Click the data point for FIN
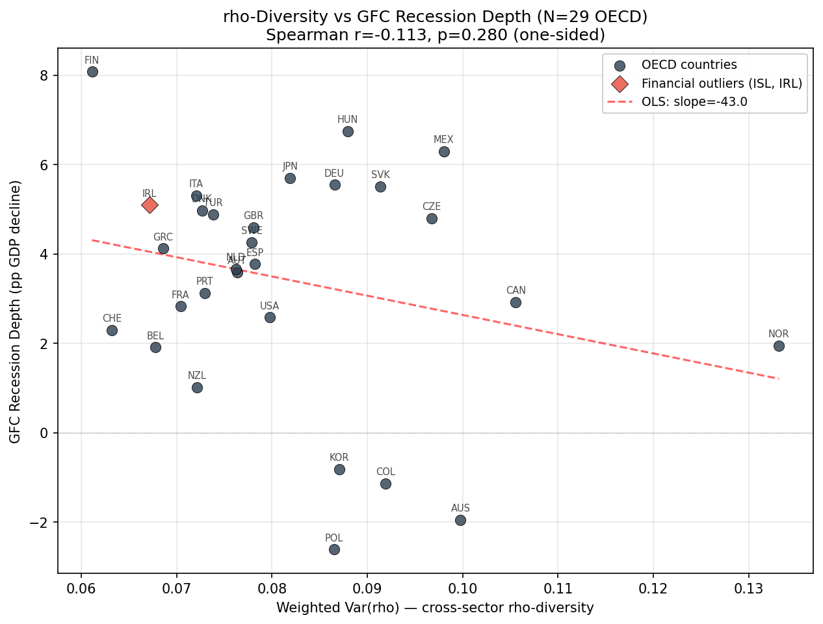coord(92,71)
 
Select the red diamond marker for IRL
coord(150,205)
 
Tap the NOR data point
coord(779,346)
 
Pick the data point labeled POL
coord(334,549)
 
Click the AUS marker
coord(460,520)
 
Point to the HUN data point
coord(348,131)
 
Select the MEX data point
coord(444,151)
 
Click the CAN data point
coord(516,302)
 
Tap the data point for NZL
coord(197,387)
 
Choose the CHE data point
coord(112,330)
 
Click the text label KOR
coord(339,458)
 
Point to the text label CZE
coord(432,207)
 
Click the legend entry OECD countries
coord(689,65)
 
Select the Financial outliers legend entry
coord(722,83)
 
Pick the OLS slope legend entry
coord(694,101)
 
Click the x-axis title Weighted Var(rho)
coord(435,608)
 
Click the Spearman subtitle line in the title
coord(435,35)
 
